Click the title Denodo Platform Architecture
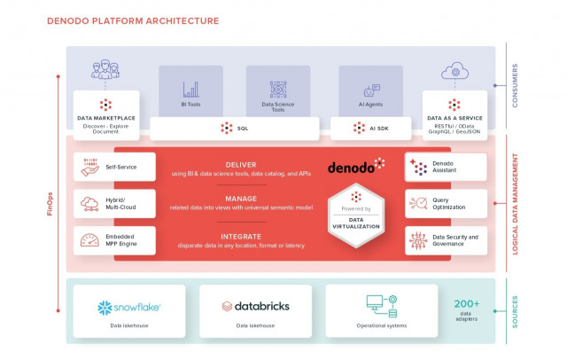[x=132, y=20]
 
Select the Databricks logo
[x=255, y=307]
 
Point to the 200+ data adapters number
[x=467, y=305]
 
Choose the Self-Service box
[x=114, y=166]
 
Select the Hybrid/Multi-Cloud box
[x=114, y=203]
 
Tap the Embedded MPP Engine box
[x=114, y=240]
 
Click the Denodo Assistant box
[x=446, y=166]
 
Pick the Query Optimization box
[x=446, y=203]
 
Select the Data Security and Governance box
[x=446, y=240]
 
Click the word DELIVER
[x=241, y=164]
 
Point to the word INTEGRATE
[x=241, y=237]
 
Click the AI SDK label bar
[x=371, y=129]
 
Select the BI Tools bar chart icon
[x=190, y=90]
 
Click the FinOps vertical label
[x=50, y=199]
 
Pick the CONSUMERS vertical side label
[x=515, y=86]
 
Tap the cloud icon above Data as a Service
[x=454, y=71]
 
